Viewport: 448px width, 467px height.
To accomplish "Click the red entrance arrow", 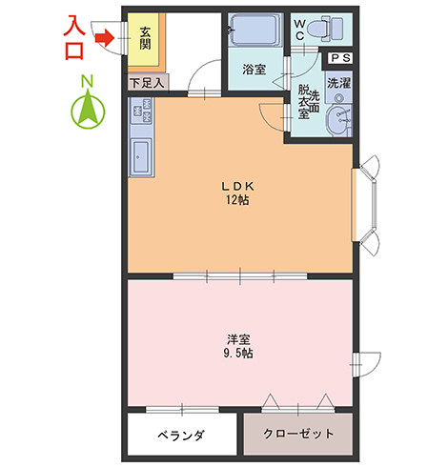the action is pyautogui.click(x=105, y=38).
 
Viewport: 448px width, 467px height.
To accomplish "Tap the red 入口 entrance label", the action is pyautogui.click(x=74, y=38).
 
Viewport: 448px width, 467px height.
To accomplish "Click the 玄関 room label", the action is pyautogui.click(x=145, y=38).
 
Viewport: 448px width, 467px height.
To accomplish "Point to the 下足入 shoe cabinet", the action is pyautogui.click(x=148, y=83).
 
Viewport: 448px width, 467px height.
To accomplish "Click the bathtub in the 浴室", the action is pyautogui.click(x=255, y=30).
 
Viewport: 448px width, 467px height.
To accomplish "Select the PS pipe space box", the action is pyautogui.click(x=340, y=58).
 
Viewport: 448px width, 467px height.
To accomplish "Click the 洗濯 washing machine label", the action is pyautogui.click(x=339, y=83).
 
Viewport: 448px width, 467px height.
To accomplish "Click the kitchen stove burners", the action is pyautogui.click(x=142, y=111).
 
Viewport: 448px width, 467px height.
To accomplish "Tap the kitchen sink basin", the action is pyautogui.click(x=141, y=156).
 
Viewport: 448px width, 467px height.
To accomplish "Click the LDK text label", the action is pyautogui.click(x=237, y=187).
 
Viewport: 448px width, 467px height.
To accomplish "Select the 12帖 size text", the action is pyautogui.click(x=237, y=200).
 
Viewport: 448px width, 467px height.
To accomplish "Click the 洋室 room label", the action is pyautogui.click(x=238, y=339).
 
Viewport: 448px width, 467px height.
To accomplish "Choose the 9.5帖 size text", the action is pyautogui.click(x=238, y=354).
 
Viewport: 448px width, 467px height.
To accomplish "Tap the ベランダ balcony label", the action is pyautogui.click(x=181, y=435).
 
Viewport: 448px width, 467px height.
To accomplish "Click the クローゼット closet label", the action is pyautogui.click(x=298, y=434).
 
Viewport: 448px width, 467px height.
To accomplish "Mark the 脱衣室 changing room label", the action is pyautogui.click(x=303, y=102).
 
